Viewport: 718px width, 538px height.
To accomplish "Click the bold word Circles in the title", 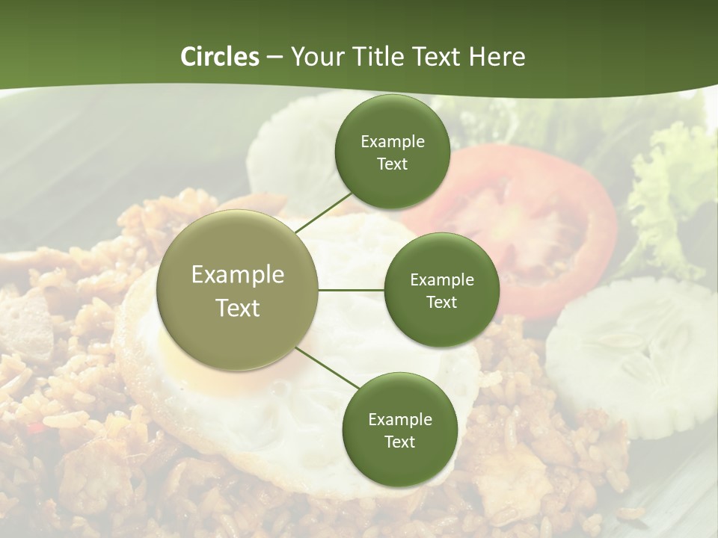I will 219,57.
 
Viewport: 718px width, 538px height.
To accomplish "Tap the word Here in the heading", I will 497,57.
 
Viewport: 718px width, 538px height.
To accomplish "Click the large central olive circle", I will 238,290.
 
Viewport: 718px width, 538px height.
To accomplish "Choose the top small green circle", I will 393,152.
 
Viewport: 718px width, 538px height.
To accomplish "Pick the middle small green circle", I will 441,290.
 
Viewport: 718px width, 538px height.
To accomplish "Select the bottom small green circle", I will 399,430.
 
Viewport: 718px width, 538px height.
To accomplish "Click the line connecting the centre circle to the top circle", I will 323,213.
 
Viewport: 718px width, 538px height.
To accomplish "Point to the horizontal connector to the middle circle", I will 351,290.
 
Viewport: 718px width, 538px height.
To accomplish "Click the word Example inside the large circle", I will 238,275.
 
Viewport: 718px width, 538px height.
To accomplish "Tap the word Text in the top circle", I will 393,164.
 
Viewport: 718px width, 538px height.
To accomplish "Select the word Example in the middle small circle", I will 442,279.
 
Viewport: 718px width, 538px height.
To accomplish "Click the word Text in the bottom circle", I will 399,442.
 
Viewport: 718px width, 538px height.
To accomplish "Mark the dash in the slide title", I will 274,58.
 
